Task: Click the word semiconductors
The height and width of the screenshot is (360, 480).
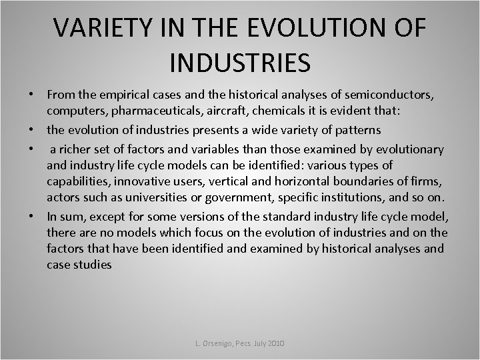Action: point(396,95)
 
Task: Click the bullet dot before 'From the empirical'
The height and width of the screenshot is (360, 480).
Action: point(31,96)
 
